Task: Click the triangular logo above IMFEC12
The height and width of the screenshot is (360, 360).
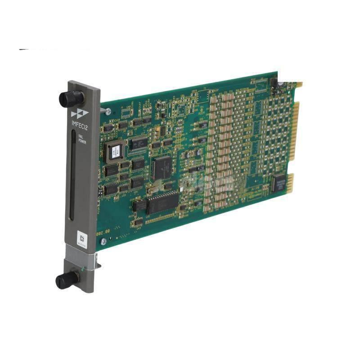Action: click(77, 114)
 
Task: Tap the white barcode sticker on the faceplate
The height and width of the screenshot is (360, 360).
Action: click(82, 237)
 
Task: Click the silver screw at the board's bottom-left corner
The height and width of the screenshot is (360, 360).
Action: click(103, 241)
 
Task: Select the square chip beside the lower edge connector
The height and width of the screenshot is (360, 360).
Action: click(278, 182)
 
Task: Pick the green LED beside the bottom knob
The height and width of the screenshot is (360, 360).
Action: click(81, 270)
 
